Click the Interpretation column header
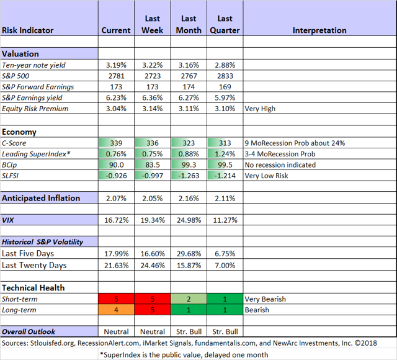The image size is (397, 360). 319,30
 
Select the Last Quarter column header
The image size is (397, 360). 225,24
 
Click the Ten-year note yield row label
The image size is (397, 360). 34,65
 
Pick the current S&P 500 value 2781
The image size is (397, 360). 116,76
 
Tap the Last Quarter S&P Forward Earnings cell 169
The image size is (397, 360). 225,87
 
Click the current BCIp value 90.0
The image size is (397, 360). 116,165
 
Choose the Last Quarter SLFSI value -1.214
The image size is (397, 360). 225,176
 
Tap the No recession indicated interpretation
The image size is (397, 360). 280,165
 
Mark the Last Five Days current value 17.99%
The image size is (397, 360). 116,253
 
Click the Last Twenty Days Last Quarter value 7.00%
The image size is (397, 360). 225,265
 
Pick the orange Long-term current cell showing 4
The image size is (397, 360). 116,310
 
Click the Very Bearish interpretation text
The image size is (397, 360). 265,299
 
